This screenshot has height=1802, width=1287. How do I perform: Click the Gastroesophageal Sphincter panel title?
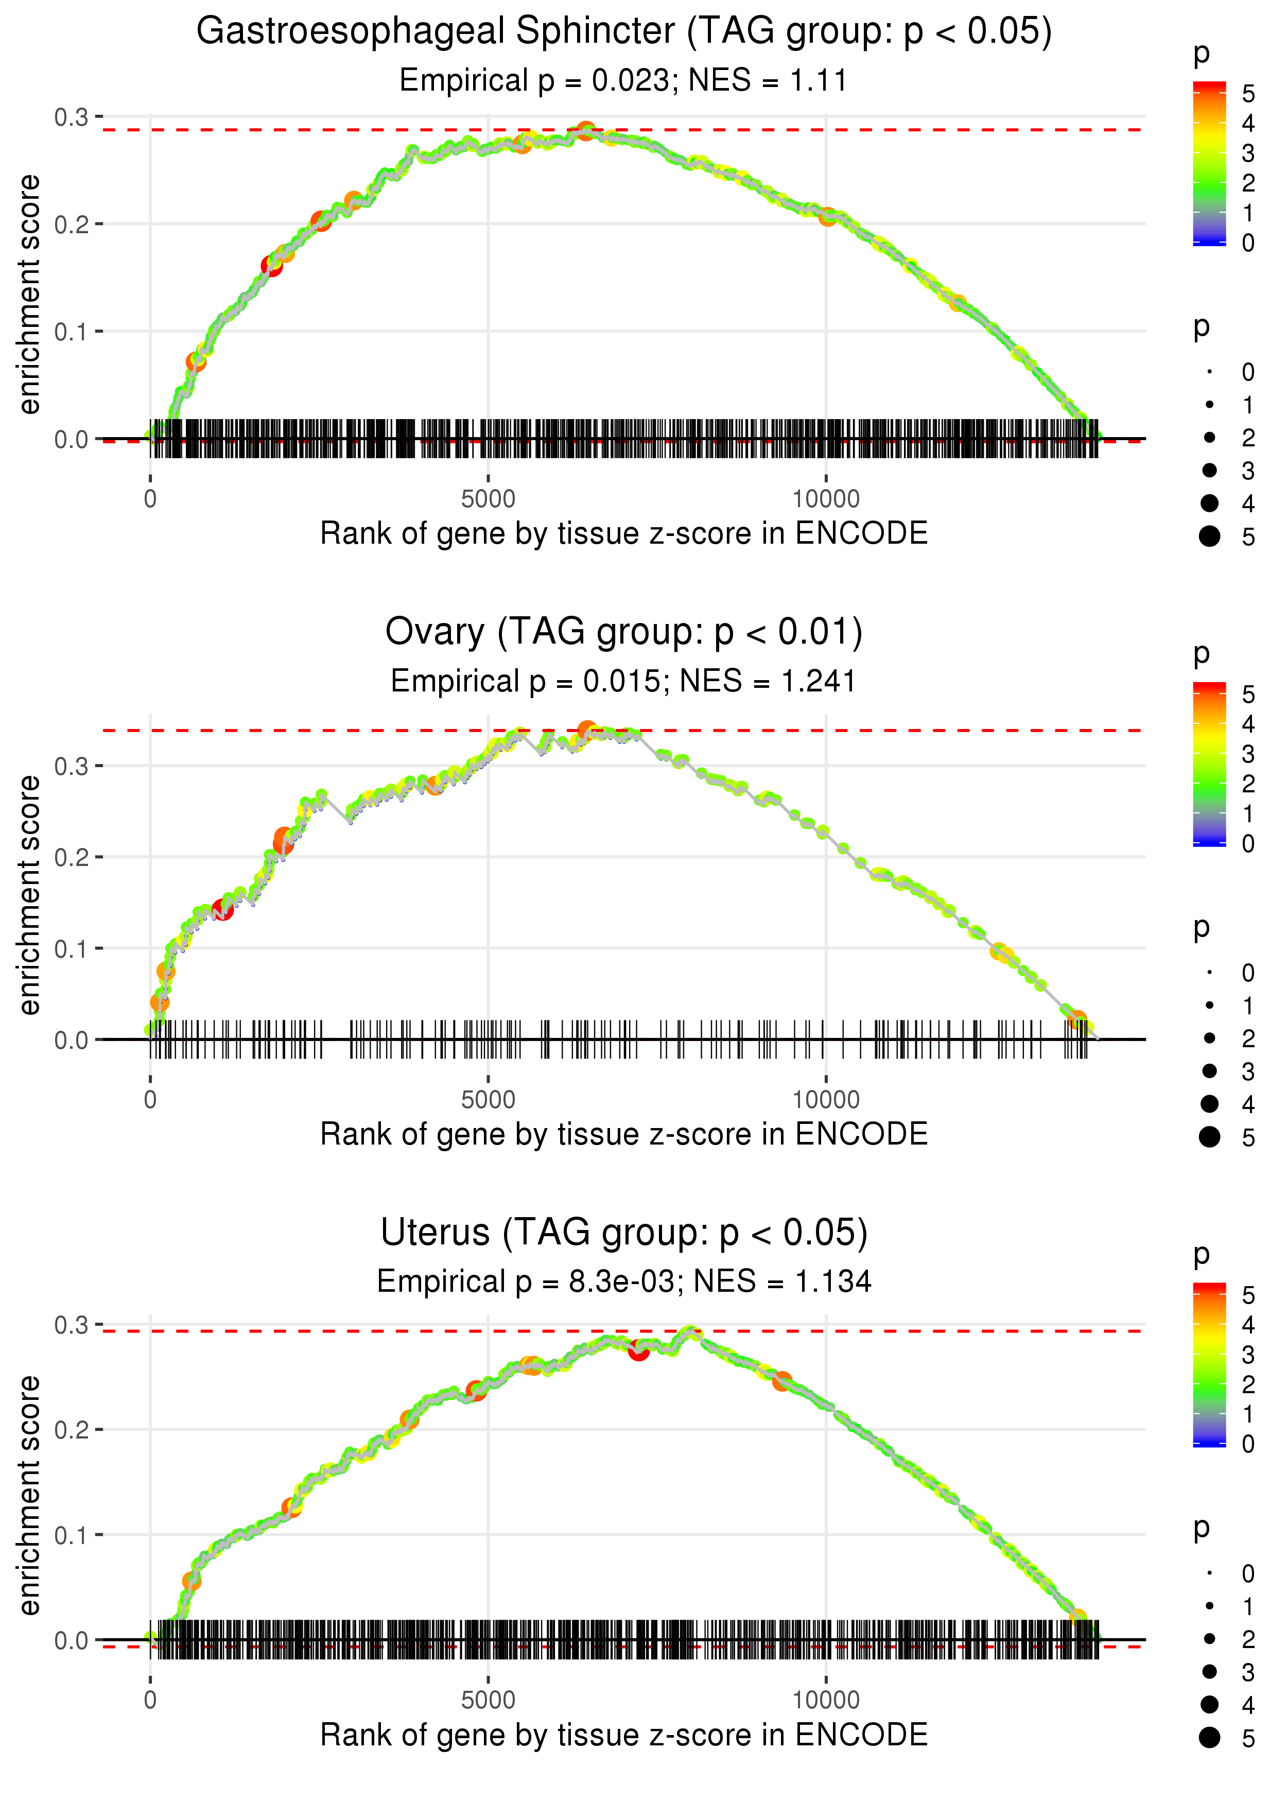(624, 32)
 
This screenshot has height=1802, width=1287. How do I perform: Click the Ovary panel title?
(624, 632)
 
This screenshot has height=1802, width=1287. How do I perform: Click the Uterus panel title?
(624, 1233)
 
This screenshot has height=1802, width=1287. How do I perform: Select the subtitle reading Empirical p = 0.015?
(624, 682)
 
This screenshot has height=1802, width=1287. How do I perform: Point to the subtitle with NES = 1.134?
(624, 1281)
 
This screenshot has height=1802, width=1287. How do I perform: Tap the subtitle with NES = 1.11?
(624, 81)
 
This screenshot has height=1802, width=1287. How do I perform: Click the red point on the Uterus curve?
(639, 1350)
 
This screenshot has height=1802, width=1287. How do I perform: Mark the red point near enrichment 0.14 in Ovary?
(223, 910)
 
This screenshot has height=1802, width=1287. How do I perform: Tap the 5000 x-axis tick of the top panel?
(488, 499)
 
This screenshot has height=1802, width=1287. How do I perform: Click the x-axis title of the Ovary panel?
(624, 1134)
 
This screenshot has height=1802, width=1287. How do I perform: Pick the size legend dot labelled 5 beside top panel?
(1209, 536)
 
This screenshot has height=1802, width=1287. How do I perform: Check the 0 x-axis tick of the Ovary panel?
(150, 1100)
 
